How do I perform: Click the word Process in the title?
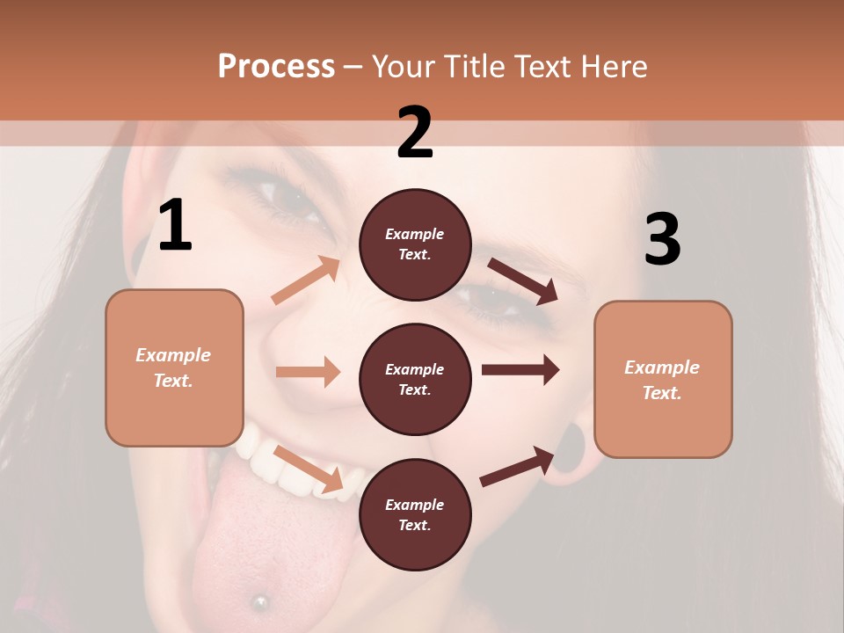click(276, 66)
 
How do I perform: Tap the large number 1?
click(175, 226)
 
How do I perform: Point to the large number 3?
click(662, 239)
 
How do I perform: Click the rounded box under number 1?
click(174, 367)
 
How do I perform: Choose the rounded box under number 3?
click(663, 379)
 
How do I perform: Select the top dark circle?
click(415, 244)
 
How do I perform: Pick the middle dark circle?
click(415, 379)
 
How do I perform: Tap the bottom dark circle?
click(415, 514)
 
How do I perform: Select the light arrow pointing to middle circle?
click(308, 372)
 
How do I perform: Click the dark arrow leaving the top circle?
click(522, 280)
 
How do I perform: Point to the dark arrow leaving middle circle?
click(520, 369)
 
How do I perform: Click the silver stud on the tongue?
click(259, 601)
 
